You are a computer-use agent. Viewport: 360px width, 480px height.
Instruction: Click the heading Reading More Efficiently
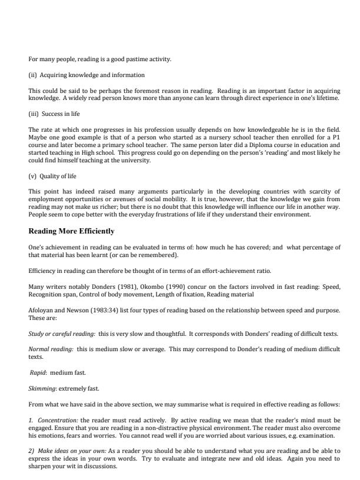pyautogui.click(x=71, y=231)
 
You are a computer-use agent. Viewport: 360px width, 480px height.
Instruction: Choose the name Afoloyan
pyautogui.click(x=41, y=309)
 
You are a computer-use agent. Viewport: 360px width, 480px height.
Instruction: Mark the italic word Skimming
pyautogui.click(x=42, y=388)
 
